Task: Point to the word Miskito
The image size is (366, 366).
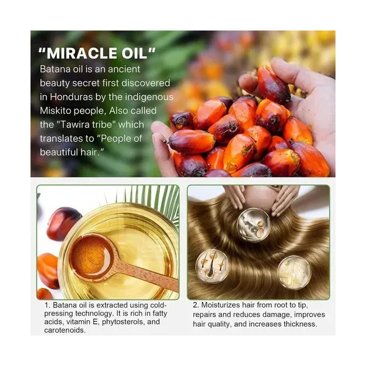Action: click(55, 110)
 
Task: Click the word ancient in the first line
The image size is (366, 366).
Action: click(124, 69)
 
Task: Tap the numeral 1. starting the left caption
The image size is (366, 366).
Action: click(48, 305)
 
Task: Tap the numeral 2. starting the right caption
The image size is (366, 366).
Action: click(196, 305)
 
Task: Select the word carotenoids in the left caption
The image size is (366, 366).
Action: click(65, 330)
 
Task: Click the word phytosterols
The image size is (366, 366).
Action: click(123, 322)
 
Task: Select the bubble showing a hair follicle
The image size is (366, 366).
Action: click(212, 266)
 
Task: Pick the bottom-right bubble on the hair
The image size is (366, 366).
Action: click(295, 273)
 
